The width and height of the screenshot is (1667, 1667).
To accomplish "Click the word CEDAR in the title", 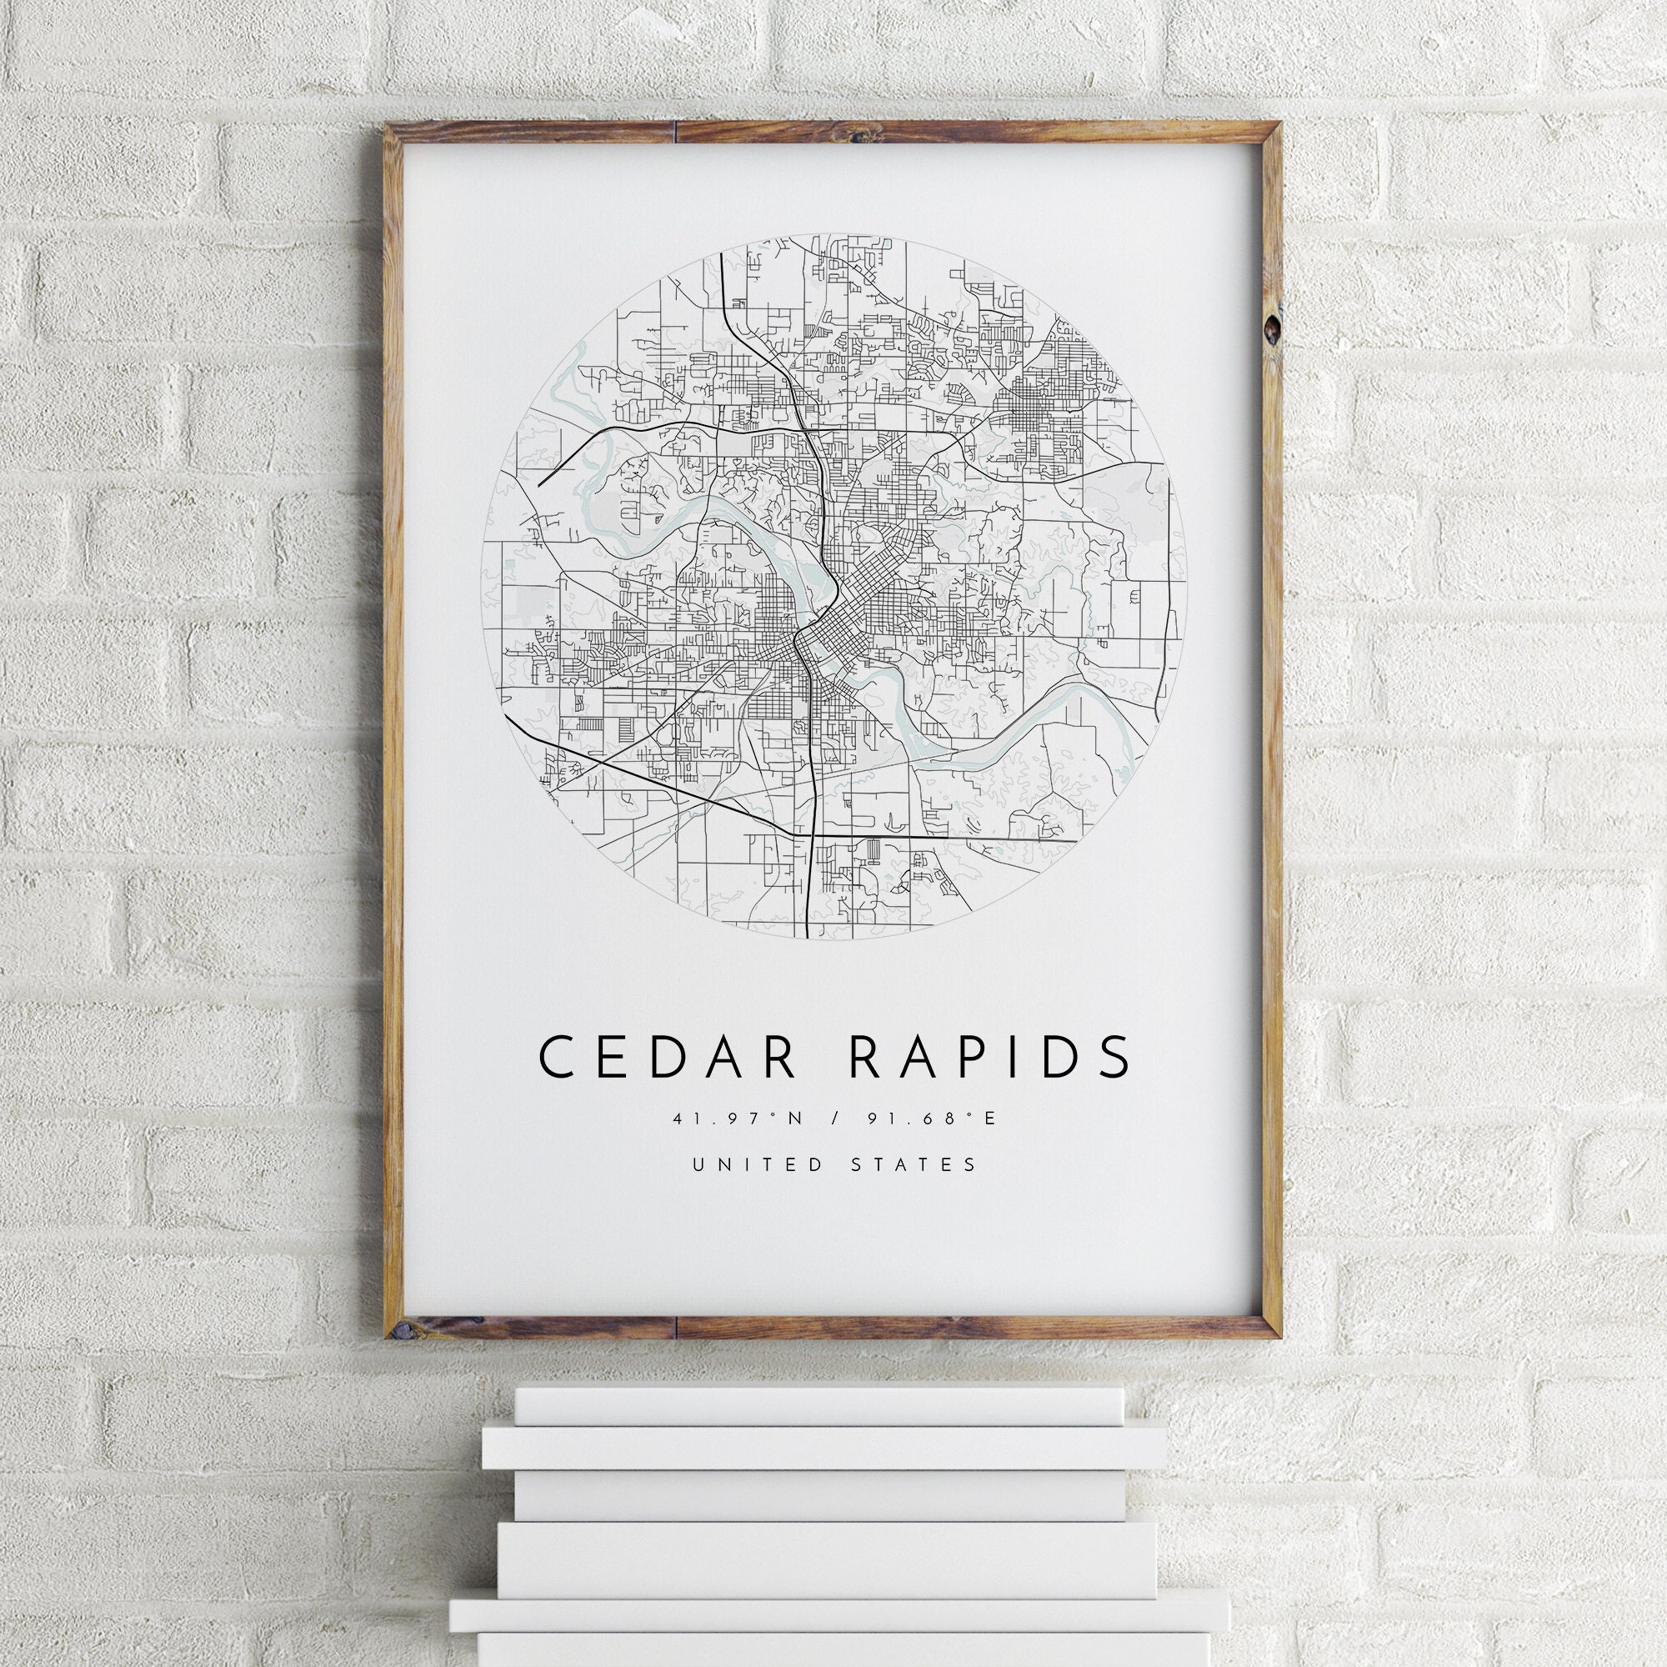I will click(x=666, y=1057).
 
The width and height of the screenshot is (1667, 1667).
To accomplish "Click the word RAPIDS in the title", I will click(x=989, y=1057).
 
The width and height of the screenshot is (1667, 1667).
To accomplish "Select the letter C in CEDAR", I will click(x=558, y=1057).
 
